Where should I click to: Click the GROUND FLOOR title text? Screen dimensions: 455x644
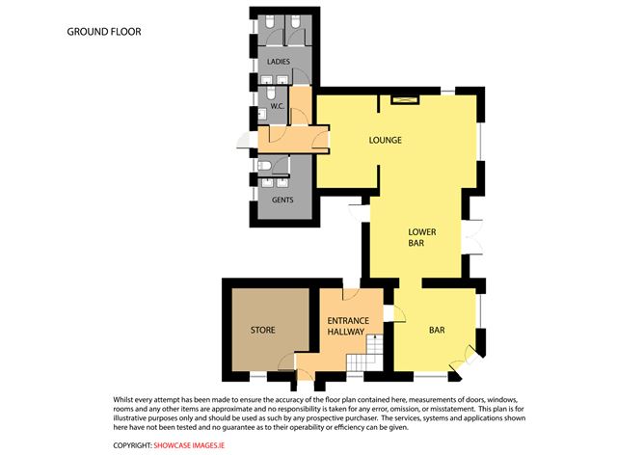coord(104,32)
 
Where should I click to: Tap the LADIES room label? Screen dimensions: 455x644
coord(279,62)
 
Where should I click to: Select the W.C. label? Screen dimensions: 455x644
coord(275,105)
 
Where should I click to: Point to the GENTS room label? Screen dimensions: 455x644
coord(282,200)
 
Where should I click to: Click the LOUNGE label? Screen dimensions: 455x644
coord(386,141)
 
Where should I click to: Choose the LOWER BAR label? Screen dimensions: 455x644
coord(423,237)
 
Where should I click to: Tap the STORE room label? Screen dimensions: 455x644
coord(263,331)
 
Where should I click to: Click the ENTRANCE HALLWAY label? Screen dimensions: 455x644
coord(345,326)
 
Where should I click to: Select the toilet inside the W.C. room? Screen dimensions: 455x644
coord(265,112)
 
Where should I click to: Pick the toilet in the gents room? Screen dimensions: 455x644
coord(265,165)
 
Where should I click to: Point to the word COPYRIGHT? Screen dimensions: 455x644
coord(132,444)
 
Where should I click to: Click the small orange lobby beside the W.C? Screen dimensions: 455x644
coord(301,103)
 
